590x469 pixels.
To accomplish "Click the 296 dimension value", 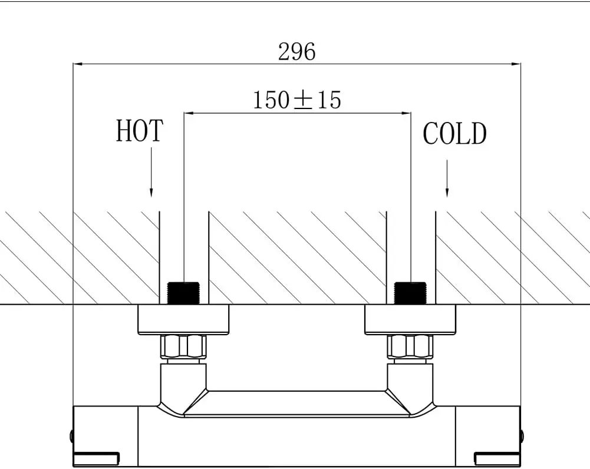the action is point(297,52).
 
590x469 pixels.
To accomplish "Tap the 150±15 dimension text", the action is point(297,100).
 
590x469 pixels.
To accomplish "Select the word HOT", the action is point(139,131).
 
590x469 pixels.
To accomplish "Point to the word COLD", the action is point(454,134).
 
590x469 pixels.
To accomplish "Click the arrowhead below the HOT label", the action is point(151,192).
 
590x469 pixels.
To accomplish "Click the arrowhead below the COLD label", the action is point(447,192).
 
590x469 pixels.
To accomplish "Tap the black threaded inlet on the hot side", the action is point(183,293).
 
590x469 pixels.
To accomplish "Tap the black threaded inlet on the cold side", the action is point(410,293).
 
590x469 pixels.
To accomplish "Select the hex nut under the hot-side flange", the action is point(183,346).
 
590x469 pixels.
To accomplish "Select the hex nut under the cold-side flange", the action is point(410,346).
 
